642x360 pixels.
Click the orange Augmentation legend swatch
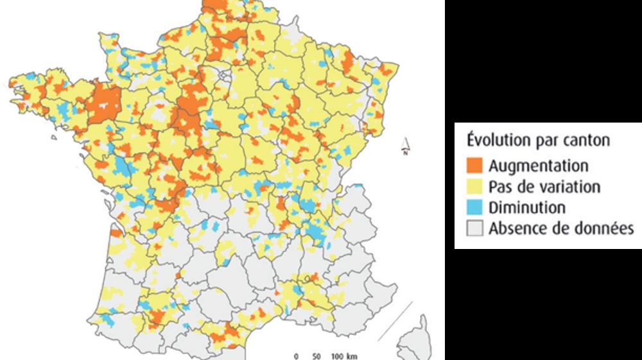click(474, 166)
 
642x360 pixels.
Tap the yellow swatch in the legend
click(474, 187)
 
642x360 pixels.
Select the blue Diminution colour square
click(474, 208)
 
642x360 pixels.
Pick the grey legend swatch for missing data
click(474, 228)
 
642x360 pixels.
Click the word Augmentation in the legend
click(538, 166)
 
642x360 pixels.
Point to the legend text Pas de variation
click(544, 187)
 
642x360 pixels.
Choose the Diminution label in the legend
click(526, 208)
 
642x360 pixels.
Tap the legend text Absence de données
click(561, 228)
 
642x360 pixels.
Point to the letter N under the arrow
click(406, 153)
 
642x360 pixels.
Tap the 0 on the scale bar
click(296, 356)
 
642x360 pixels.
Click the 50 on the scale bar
click(315, 356)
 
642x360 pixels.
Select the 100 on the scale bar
click(337, 356)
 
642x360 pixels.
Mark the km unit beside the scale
click(352, 356)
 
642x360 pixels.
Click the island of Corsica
click(414, 337)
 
